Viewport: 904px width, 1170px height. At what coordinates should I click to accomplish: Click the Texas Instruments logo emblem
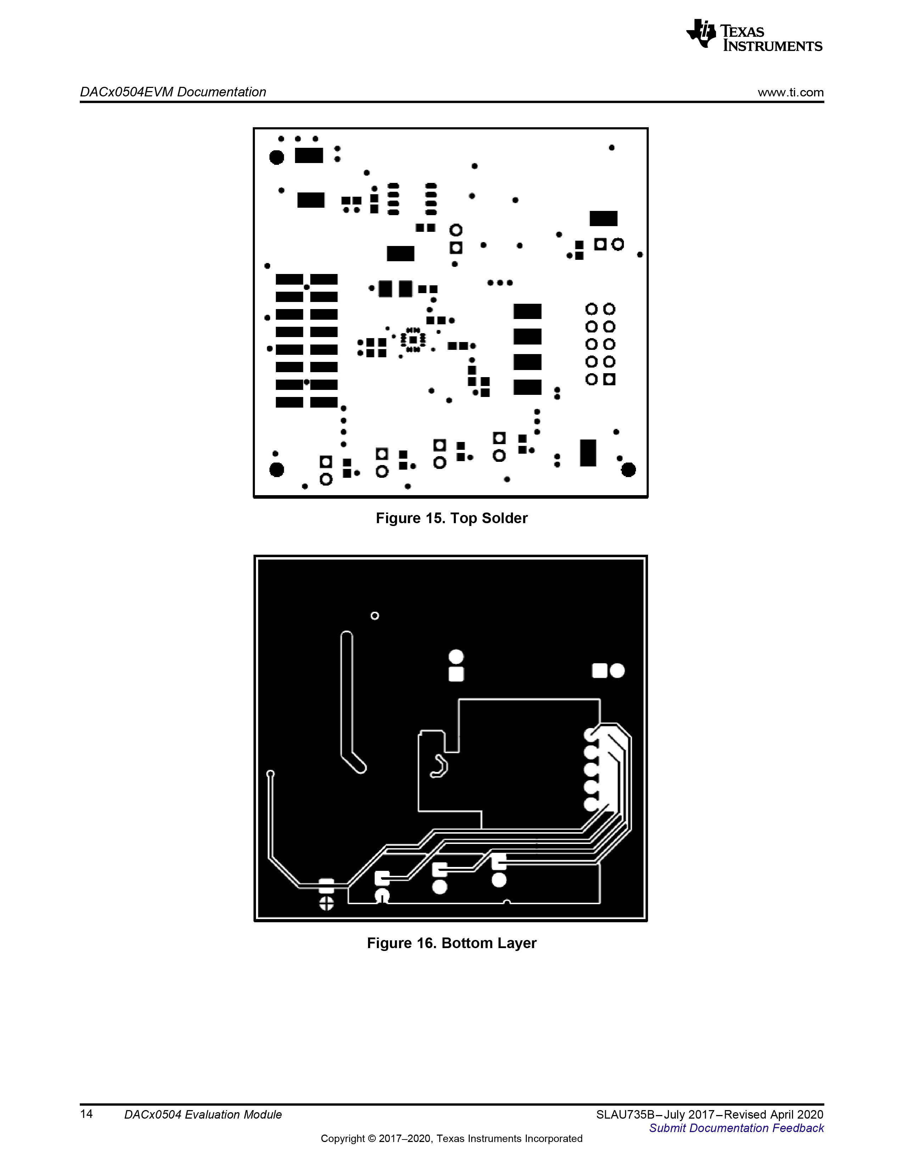pos(701,34)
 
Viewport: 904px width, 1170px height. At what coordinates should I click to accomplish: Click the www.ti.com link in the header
pos(791,93)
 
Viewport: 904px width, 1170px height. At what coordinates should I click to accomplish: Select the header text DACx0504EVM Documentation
pos(173,92)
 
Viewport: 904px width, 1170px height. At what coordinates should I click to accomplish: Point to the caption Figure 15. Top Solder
pos(452,518)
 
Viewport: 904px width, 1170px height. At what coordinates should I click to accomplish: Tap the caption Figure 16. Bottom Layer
pos(452,943)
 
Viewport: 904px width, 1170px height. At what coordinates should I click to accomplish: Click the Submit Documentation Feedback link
pos(736,1128)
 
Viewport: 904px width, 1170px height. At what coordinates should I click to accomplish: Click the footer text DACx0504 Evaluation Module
pos(203,1114)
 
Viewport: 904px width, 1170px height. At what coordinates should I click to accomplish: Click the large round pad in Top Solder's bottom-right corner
pos(628,470)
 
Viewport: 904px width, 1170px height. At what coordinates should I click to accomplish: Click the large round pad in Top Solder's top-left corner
pos(277,157)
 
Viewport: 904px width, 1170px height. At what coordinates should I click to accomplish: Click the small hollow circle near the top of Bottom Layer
pos(375,616)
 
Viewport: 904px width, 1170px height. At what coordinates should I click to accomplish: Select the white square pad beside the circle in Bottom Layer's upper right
pos(599,670)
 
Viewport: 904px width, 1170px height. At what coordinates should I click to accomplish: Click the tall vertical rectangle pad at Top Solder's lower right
pos(588,453)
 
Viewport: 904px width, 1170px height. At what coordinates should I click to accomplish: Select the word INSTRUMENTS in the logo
pos(773,46)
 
